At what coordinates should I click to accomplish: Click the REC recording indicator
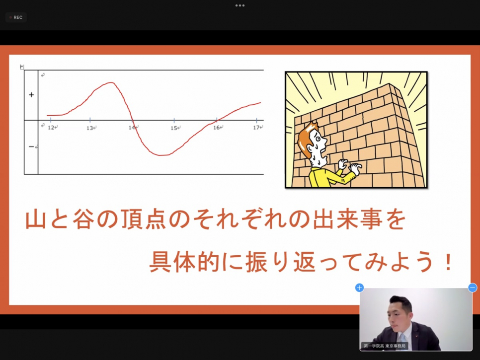tap(16, 17)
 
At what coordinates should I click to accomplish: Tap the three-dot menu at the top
tap(240, 5)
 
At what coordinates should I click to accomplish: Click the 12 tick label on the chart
tap(51, 127)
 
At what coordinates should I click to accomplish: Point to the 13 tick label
tap(90, 128)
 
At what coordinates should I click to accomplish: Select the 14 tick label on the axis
tap(132, 128)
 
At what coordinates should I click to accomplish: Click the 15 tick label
tap(174, 128)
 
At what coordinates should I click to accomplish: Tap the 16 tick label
tap(217, 127)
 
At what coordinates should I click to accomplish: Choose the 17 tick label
tap(256, 127)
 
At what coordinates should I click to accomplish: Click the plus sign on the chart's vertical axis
tap(31, 95)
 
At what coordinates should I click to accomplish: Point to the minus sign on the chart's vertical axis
tap(31, 147)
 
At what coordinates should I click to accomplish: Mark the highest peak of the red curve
tap(111, 82)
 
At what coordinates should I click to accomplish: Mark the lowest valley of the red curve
tap(160, 155)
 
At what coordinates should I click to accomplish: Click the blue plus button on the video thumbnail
tap(359, 288)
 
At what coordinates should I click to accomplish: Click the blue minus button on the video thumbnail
tap(473, 288)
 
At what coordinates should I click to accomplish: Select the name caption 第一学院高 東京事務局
tap(385, 346)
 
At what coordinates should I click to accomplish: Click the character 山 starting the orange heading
tap(35, 219)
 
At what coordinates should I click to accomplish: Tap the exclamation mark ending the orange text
tap(449, 262)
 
